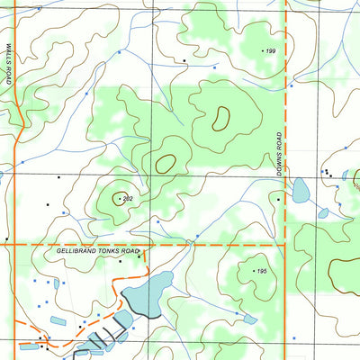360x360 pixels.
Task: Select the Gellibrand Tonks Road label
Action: point(98,252)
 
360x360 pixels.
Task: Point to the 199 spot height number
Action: point(270,50)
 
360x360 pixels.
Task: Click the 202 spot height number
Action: point(127,198)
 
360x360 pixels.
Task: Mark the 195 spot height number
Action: point(262,272)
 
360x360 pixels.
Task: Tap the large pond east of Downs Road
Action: point(301,190)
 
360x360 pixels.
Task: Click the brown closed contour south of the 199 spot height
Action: point(220,118)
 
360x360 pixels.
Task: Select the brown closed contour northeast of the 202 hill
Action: point(165,164)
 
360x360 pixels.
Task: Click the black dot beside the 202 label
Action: point(118,198)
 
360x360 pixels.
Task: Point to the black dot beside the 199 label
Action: point(262,50)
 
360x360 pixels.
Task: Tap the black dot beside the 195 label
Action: point(253,269)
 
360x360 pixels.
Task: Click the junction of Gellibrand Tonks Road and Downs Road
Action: point(284,244)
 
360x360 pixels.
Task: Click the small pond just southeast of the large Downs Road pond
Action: point(323,213)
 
